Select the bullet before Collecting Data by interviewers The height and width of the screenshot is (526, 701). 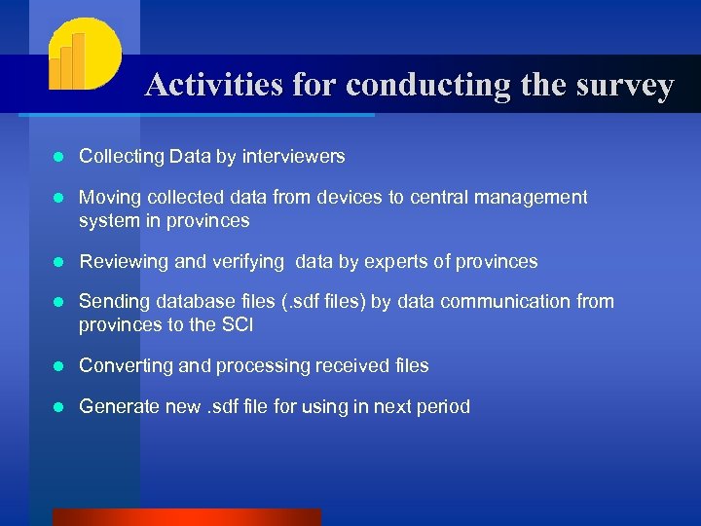point(58,157)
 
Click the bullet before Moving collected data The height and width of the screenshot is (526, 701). point(58,198)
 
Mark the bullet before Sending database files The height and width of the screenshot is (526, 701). point(58,302)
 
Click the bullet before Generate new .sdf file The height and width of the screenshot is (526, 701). point(58,407)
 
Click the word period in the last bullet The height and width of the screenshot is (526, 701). point(442,406)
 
